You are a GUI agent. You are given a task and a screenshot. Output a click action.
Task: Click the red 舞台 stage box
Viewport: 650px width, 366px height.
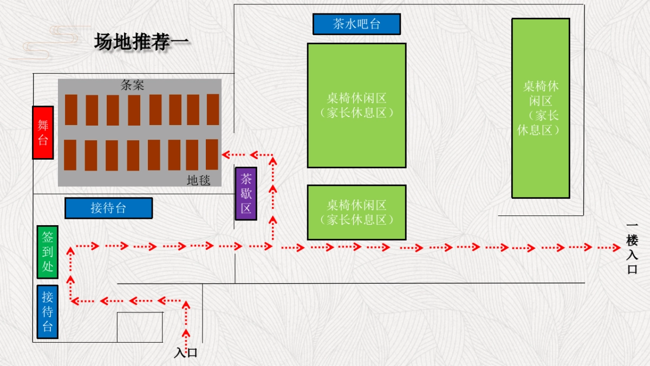(x=43, y=133)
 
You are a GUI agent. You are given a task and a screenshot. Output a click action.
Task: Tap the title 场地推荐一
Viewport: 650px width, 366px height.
(x=142, y=42)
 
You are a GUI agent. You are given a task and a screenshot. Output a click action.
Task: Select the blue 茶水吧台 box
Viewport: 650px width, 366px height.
(x=356, y=24)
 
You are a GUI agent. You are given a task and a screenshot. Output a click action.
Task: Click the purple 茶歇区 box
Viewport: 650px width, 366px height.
(x=246, y=193)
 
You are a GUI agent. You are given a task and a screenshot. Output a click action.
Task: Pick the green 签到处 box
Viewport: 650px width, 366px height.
(x=48, y=252)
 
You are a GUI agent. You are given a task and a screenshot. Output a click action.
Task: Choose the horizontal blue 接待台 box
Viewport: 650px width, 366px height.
(x=108, y=208)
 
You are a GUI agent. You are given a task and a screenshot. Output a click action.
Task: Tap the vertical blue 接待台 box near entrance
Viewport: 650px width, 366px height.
(x=48, y=312)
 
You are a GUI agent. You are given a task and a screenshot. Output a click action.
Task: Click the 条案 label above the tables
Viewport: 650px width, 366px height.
(x=132, y=85)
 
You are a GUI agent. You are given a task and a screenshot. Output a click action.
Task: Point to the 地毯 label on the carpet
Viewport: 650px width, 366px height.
(x=198, y=180)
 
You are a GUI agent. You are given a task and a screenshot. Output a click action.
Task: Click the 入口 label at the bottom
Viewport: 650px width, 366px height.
(x=186, y=353)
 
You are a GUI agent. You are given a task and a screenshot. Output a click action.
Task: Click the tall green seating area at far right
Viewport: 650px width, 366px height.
(x=541, y=108)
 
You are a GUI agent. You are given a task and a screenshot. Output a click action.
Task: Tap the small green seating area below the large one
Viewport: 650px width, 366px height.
(x=356, y=212)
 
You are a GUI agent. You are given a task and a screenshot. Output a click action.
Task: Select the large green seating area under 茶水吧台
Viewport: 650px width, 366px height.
(x=356, y=106)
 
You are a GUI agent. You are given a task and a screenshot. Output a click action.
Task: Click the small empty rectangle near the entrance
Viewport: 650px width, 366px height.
(x=140, y=327)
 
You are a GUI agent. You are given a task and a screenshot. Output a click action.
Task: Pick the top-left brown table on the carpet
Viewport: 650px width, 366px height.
(x=71, y=110)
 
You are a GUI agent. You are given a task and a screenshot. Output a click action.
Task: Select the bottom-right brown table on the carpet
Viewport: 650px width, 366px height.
(x=212, y=155)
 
